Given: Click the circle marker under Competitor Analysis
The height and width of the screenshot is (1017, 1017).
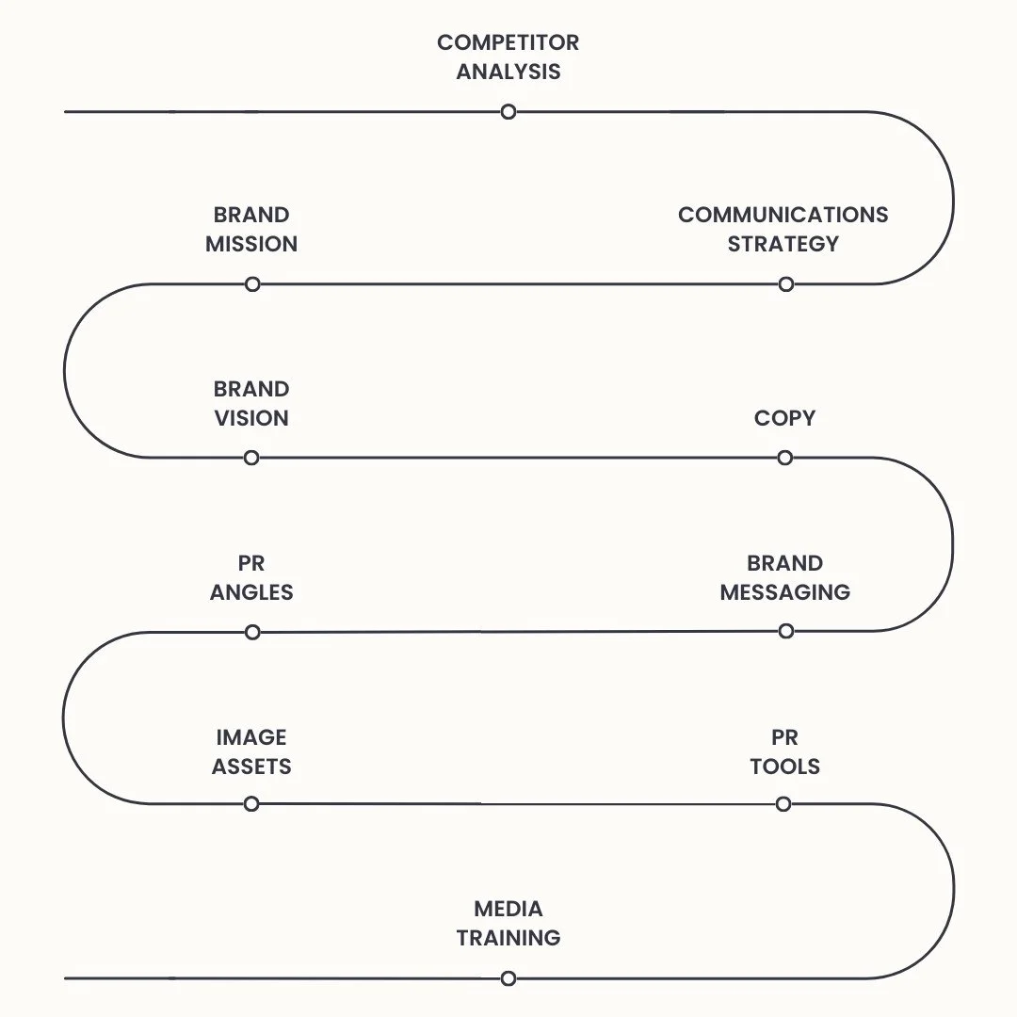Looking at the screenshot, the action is tap(508, 112).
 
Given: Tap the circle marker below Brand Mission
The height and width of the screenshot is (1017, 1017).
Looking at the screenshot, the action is tap(251, 284).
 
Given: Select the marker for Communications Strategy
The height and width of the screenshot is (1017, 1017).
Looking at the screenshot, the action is tap(785, 284).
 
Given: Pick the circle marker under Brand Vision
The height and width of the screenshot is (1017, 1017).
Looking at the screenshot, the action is tap(251, 458).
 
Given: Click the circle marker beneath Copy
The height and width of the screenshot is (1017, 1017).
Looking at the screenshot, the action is tap(785, 458).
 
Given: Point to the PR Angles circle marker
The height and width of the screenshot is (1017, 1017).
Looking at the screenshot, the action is tap(251, 632).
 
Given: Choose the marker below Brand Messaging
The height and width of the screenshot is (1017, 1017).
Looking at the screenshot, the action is tap(785, 631).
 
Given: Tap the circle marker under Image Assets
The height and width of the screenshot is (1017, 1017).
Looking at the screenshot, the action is tap(251, 804).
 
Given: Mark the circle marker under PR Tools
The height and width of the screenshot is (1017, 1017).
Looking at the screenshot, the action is tap(783, 804).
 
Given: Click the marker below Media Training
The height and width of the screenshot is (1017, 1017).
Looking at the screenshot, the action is tap(508, 978).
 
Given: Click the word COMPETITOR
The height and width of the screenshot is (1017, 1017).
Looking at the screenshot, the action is tap(508, 42).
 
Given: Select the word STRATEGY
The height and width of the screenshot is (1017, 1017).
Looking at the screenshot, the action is tap(783, 244).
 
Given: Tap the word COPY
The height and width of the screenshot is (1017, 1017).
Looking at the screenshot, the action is tap(784, 418).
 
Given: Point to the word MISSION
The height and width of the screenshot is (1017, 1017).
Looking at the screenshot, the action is tap(251, 244).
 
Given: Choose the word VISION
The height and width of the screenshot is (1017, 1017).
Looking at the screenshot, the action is tap(251, 418).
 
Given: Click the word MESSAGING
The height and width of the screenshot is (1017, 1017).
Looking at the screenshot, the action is tap(784, 592).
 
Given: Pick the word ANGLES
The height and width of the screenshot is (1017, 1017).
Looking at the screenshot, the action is tap(251, 592).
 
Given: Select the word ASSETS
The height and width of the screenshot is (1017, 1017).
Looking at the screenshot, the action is tap(251, 767).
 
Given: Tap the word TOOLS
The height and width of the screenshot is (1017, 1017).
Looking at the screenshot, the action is tap(784, 767).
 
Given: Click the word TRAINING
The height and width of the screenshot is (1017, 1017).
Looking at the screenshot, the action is tap(508, 938).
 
